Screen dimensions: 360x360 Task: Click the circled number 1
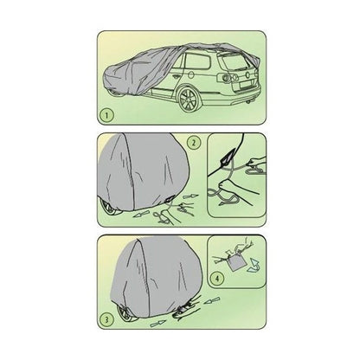click(x=107, y=116)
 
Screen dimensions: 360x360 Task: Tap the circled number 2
click(x=194, y=143)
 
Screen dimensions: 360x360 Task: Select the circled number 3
click(x=106, y=319)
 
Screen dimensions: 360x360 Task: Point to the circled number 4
click(x=217, y=279)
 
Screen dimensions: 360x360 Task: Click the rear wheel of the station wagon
click(x=189, y=100)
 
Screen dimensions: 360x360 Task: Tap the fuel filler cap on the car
click(x=191, y=74)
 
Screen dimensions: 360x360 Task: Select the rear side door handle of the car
click(x=176, y=76)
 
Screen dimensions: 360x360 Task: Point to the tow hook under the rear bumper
click(x=248, y=103)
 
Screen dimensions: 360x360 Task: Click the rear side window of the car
click(x=197, y=61)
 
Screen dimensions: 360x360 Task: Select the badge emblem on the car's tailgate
click(x=247, y=74)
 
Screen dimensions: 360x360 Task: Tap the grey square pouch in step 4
click(x=235, y=263)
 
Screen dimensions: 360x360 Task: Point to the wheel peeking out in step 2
click(x=111, y=209)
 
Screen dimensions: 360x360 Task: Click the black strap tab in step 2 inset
click(x=226, y=158)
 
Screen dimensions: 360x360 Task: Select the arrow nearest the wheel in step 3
click(x=158, y=324)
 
